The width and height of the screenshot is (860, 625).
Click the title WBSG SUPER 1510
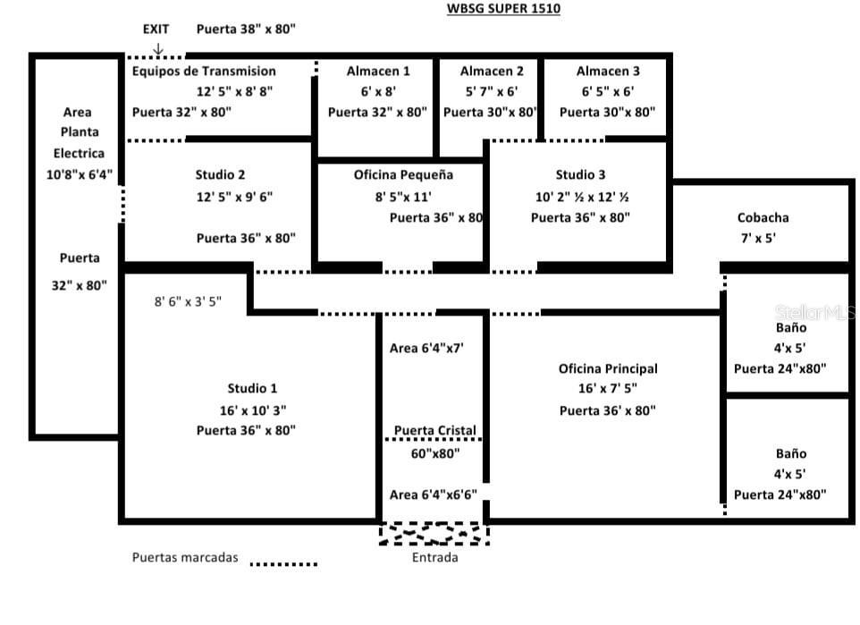tap(504, 9)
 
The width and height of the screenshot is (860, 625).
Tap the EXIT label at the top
tap(156, 29)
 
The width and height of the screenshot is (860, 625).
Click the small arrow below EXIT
tap(157, 48)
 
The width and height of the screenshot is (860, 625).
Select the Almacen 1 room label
tap(379, 71)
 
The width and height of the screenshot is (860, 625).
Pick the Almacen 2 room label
tap(492, 71)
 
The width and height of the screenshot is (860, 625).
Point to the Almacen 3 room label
tap(608, 71)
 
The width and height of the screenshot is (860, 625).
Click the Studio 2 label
tap(220, 174)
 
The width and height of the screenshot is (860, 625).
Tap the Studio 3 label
tap(580, 174)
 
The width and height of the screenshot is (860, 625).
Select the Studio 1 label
tap(252, 388)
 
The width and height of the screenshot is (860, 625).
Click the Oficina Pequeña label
tap(403, 174)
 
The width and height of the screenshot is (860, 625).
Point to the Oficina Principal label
tap(608, 368)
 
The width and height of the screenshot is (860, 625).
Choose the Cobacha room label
tap(763, 217)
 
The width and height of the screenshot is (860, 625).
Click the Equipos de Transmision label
tap(204, 71)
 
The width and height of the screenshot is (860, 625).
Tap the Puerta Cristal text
tap(435, 430)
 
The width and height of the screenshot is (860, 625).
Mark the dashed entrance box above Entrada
tap(434, 534)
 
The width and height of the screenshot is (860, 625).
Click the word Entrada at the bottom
tap(434, 558)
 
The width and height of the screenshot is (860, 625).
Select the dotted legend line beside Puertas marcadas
tap(283, 564)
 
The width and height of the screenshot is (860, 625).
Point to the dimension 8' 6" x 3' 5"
tap(199, 302)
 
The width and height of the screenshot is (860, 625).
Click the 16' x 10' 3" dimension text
tap(248, 410)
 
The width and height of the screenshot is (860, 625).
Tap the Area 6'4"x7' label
tap(427, 348)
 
